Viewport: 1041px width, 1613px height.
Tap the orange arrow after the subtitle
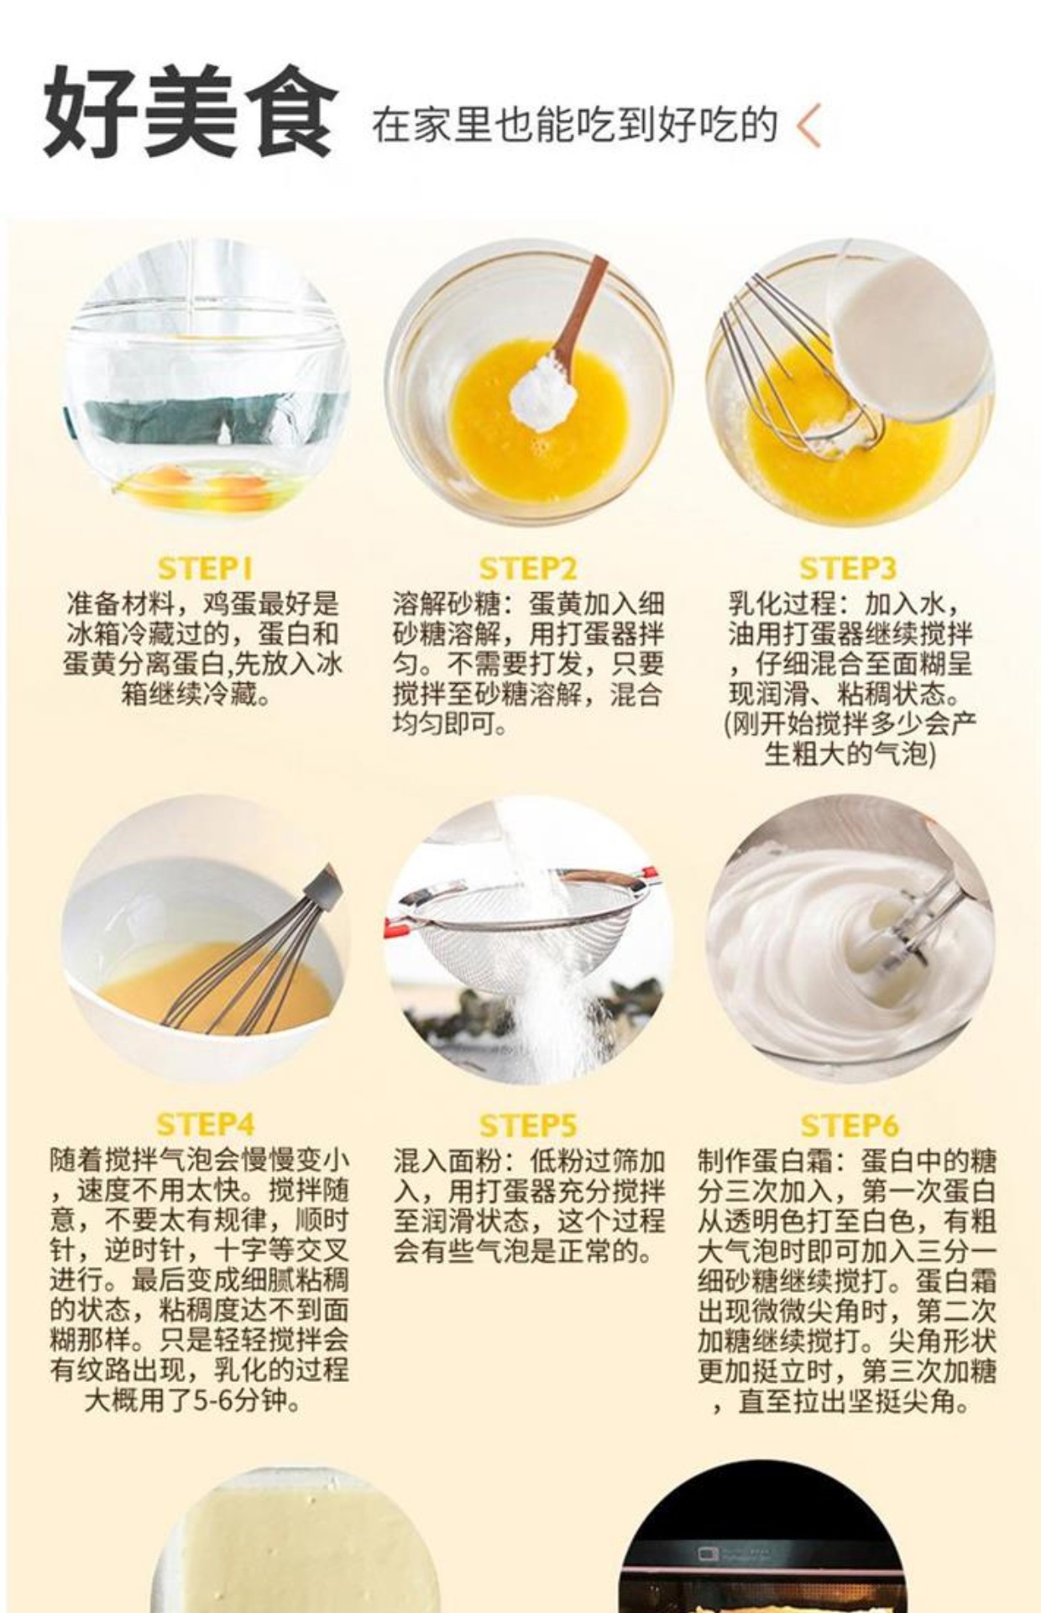808,126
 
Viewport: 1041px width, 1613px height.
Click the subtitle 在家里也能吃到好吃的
574,125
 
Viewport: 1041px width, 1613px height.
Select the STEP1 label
205,569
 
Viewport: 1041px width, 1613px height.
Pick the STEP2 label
528,569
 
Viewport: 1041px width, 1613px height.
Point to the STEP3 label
848,569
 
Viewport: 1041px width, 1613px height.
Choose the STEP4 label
205,1124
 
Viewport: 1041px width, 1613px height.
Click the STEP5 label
528,1125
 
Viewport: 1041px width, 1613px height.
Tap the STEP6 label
849,1125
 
